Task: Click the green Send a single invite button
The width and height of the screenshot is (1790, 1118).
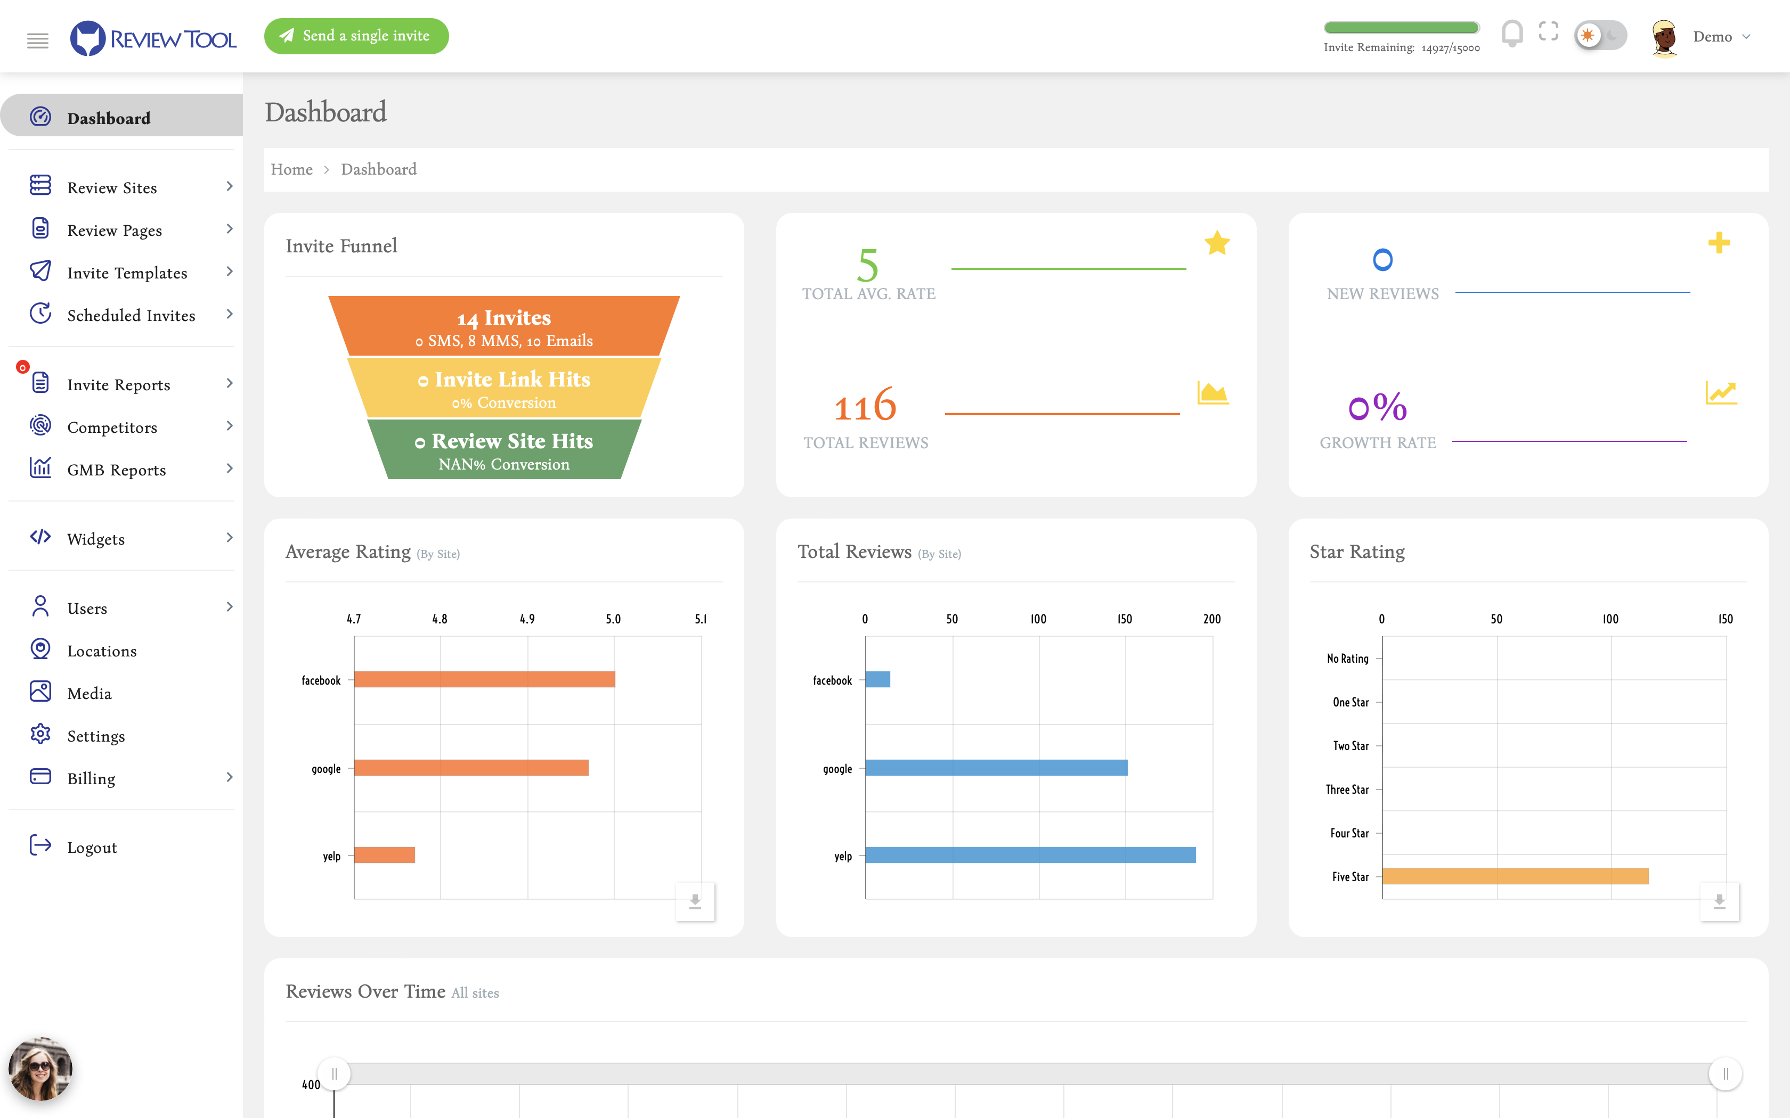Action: tap(356, 36)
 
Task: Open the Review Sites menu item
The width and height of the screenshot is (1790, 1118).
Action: tap(112, 188)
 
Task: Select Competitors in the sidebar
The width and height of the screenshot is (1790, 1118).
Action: tap(112, 428)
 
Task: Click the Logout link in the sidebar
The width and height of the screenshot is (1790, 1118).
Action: tap(92, 848)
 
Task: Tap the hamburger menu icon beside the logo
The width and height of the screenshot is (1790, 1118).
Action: tap(38, 40)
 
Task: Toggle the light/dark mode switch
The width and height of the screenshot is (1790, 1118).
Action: tap(1599, 36)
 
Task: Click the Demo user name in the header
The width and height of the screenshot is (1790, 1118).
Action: tap(1712, 37)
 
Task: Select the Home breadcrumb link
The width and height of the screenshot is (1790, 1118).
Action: tap(291, 169)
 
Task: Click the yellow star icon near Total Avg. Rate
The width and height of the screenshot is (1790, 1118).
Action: tap(1217, 243)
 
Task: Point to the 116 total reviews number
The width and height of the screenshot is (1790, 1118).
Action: tap(865, 405)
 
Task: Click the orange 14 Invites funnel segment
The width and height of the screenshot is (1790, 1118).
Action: tap(504, 326)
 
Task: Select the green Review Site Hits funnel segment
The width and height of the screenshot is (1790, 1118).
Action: tap(504, 449)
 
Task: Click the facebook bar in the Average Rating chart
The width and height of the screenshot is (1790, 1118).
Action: tap(484, 679)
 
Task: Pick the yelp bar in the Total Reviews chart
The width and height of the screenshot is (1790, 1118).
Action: tap(1030, 856)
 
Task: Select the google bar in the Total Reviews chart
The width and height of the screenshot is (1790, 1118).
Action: tap(996, 768)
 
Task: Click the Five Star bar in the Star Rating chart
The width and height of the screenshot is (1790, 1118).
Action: tap(1515, 877)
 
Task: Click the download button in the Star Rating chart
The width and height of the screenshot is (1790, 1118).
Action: tap(1719, 901)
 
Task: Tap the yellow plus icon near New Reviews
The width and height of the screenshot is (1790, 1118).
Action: tap(1719, 243)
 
